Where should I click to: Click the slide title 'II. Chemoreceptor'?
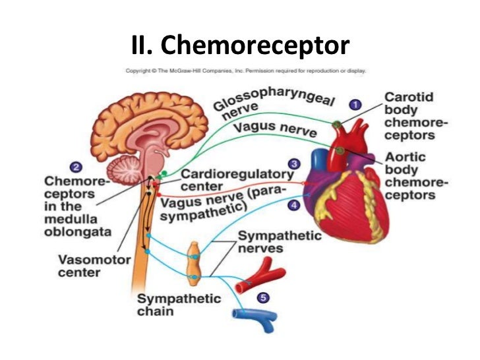[240, 46]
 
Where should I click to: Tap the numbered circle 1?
[355, 104]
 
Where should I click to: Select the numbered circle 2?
[77, 167]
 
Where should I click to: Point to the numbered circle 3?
[295, 163]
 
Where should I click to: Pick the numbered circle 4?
[293, 205]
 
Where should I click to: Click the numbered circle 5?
[263, 298]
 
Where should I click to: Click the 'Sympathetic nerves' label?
[270, 241]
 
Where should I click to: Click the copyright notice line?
[247, 71]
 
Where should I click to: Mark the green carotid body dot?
[337, 123]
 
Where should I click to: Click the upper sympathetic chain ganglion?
[194, 251]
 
